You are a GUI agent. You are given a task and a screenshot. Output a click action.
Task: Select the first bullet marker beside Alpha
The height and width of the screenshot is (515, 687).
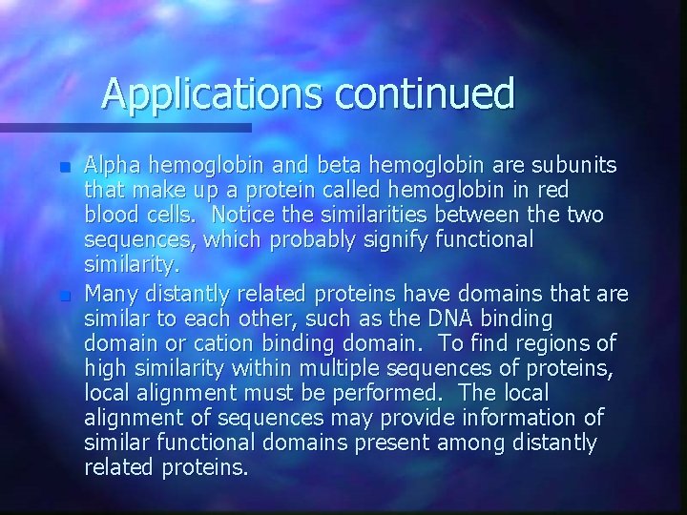tap(64, 167)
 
